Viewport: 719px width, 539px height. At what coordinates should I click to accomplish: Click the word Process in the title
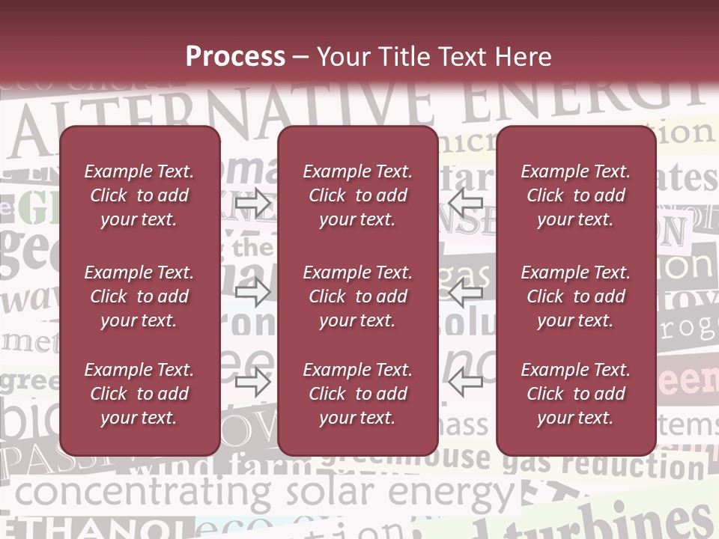tap(235, 57)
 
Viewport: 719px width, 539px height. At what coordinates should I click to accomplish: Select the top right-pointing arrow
tap(253, 204)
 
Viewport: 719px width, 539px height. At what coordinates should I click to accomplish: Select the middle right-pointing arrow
tap(253, 292)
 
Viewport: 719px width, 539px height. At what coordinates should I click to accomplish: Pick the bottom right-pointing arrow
tap(253, 382)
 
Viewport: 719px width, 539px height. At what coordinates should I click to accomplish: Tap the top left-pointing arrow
tap(465, 201)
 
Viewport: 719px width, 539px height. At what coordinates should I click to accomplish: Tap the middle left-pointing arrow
tap(465, 292)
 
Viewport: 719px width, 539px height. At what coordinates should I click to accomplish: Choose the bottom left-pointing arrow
tap(465, 382)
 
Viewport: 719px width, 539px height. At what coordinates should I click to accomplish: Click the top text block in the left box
tap(139, 195)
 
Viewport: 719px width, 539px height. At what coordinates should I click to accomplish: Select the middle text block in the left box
tap(139, 296)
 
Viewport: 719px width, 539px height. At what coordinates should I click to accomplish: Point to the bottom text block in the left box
tap(139, 394)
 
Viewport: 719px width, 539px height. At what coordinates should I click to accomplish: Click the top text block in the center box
tap(357, 195)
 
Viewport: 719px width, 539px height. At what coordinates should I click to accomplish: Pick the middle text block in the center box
tap(357, 296)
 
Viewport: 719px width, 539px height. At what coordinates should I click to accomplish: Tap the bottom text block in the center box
tap(357, 394)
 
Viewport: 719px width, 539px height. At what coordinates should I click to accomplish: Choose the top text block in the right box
tap(576, 195)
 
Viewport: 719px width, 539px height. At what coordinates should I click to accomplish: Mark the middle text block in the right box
tap(576, 296)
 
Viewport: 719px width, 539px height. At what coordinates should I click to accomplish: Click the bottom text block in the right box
tap(576, 394)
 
